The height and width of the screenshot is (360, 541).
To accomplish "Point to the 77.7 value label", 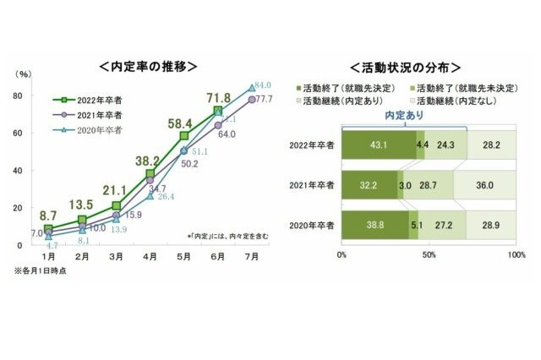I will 263,100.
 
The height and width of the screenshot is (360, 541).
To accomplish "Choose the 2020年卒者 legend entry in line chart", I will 88,129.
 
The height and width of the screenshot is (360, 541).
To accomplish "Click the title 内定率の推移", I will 150,65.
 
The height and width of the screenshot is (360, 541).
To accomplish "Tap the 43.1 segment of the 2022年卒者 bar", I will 379,145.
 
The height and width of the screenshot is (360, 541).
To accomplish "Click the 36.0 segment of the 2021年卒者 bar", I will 485,183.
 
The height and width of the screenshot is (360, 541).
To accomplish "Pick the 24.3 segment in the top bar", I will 447,145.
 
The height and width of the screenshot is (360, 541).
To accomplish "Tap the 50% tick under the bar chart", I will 429,253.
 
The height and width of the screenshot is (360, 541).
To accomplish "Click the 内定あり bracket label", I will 405,115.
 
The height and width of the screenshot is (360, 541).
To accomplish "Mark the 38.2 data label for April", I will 149,160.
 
